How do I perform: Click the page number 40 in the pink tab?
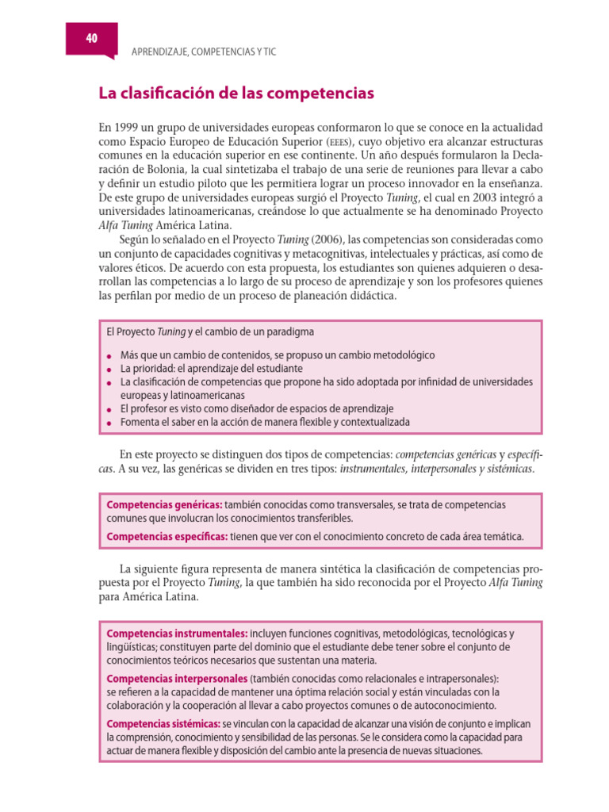pyautogui.click(x=92, y=37)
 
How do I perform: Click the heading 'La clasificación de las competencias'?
pyautogui.click(x=236, y=94)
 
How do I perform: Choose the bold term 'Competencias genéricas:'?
pyautogui.click(x=164, y=504)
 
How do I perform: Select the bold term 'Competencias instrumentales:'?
pyautogui.click(x=177, y=634)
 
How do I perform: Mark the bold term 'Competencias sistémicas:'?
pyautogui.click(x=163, y=724)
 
